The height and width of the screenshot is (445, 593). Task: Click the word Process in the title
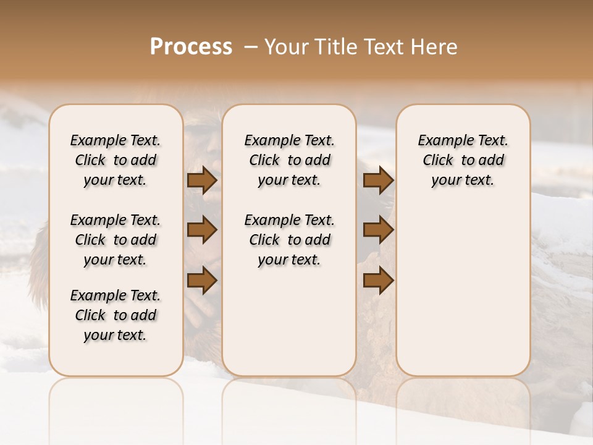pyautogui.click(x=191, y=47)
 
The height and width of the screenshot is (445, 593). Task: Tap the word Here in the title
pyautogui.click(x=434, y=47)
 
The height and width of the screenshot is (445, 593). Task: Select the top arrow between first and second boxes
pyautogui.click(x=202, y=180)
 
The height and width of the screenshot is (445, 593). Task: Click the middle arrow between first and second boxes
pyautogui.click(x=202, y=230)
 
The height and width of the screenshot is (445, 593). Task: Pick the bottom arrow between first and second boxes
pyautogui.click(x=202, y=281)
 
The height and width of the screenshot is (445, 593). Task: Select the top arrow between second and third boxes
pyautogui.click(x=378, y=180)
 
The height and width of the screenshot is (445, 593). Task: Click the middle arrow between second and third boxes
pyautogui.click(x=378, y=230)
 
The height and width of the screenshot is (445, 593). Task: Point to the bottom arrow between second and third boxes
pyautogui.click(x=378, y=281)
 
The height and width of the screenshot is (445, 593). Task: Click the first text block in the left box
pyautogui.click(x=116, y=160)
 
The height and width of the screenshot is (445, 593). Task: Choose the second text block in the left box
pyautogui.click(x=116, y=240)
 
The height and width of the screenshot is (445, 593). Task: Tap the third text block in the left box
pyautogui.click(x=116, y=315)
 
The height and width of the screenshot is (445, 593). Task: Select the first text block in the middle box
pyautogui.click(x=289, y=160)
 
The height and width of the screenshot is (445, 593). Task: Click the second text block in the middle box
pyautogui.click(x=289, y=240)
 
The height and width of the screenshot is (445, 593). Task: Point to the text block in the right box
pyautogui.click(x=463, y=160)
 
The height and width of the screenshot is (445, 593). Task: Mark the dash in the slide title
pyautogui.click(x=251, y=47)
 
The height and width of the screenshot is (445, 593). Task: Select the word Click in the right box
pyautogui.click(x=438, y=161)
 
